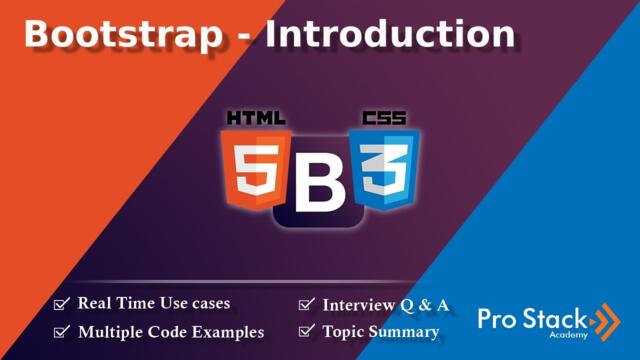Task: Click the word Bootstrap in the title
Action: click(x=123, y=35)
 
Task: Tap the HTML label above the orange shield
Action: click(x=258, y=118)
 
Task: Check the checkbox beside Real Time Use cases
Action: click(x=62, y=303)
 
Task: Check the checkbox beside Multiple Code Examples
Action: click(x=62, y=331)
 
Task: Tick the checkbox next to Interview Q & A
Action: click(x=307, y=304)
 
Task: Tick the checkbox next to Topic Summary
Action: click(x=307, y=331)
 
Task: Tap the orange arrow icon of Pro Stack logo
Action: click(x=605, y=320)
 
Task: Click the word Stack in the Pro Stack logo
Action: click(x=559, y=319)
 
